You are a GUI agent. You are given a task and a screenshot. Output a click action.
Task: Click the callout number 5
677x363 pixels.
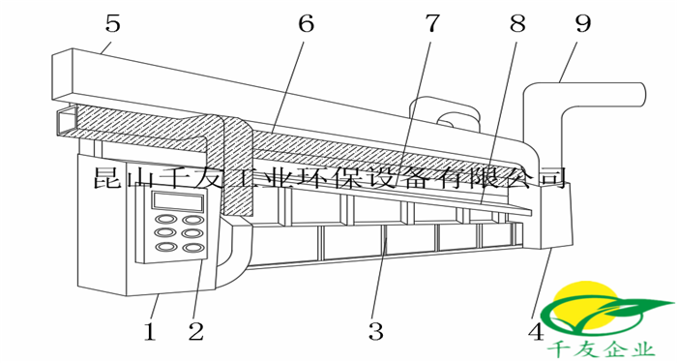[113, 23]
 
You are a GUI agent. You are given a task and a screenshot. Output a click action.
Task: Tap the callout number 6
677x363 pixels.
[307, 23]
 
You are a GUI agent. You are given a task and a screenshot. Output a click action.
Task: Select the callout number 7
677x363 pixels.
[432, 23]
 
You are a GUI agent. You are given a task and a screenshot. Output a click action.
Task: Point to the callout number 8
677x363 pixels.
[517, 23]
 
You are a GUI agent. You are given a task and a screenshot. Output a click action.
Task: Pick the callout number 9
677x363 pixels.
[583, 23]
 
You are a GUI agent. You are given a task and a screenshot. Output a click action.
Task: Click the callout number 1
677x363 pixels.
[150, 332]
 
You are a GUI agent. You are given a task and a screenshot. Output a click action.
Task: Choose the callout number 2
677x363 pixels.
[195, 332]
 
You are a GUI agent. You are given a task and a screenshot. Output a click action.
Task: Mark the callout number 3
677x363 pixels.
[375, 332]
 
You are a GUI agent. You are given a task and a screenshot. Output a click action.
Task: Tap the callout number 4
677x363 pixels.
[536, 332]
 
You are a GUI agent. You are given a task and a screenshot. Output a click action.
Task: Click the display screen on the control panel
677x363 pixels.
[177, 201]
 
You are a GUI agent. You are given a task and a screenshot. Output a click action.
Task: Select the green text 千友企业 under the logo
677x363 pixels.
[601, 349]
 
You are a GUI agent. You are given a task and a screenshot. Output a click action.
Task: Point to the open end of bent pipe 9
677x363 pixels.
[643, 94]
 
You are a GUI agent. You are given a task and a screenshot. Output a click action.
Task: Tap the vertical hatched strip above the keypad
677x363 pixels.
[237, 168]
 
